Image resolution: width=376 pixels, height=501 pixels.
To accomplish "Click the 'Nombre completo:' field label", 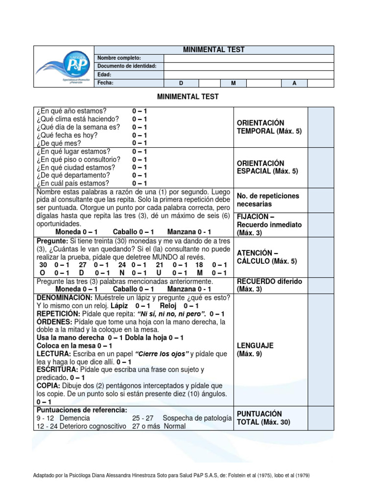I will [119, 58].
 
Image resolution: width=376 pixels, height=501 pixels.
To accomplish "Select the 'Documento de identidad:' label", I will [127, 66].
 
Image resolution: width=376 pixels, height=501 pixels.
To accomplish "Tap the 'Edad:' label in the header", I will [104, 74].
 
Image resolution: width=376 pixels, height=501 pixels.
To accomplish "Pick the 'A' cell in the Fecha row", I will [294, 83].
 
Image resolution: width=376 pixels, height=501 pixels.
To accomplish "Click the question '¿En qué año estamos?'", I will [71, 111].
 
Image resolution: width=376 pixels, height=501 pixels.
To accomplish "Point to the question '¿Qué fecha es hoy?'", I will [67, 135].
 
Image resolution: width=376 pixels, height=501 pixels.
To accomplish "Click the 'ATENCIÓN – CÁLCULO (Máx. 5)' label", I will [266, 257].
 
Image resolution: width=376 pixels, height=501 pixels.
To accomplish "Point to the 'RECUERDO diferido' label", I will [269, 281].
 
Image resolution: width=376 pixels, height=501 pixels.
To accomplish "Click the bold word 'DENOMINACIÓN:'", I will [64, 297].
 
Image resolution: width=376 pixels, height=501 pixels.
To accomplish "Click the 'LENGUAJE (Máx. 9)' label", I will [255, 349].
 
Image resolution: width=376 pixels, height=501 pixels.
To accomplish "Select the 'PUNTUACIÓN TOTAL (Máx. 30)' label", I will [263, 417].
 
